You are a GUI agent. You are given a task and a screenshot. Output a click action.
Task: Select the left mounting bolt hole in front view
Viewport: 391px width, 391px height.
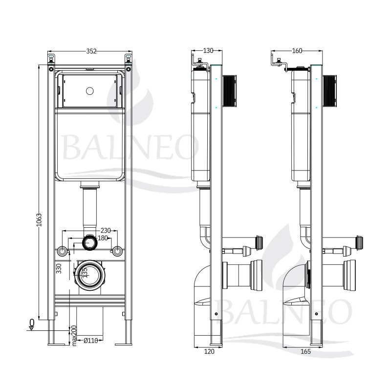tap(62, 251)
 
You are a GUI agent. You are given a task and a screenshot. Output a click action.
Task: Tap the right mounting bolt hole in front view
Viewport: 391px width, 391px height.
tap(117, 251)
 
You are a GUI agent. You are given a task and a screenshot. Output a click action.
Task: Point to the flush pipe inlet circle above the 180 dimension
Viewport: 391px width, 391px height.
tap(90, 242)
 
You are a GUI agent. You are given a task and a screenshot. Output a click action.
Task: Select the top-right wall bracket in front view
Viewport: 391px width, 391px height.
tap(129, 59)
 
